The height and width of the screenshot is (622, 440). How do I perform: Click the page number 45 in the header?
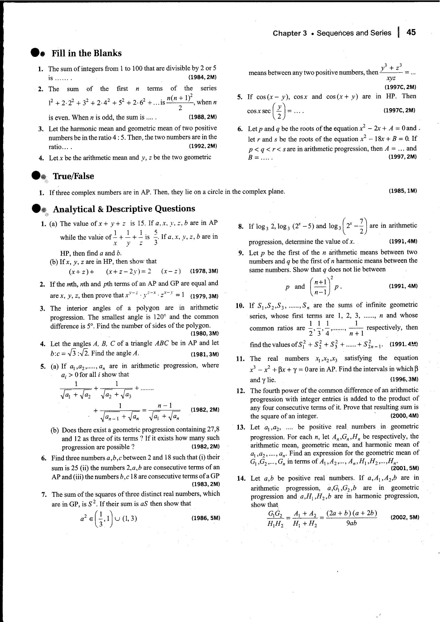(411, 33)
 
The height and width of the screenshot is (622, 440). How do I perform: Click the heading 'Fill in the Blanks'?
(86, 54)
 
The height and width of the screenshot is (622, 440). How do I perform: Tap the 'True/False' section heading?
(73, 176)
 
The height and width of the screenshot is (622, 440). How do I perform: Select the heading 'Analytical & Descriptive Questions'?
(124, 209)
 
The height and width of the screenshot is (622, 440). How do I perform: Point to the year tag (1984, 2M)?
(202, 77)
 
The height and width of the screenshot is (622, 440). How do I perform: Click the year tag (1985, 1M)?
(403, 191)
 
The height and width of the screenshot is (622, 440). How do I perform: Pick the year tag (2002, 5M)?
(405, 517)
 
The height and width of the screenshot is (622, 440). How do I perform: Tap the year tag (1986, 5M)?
(206, 518)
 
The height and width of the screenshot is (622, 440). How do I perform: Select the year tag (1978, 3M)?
(204, 271)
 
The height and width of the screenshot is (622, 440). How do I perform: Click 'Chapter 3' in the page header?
(290, 33)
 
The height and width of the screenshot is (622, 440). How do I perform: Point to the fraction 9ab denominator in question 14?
(352, 523)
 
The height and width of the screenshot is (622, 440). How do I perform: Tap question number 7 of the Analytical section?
(44, 495)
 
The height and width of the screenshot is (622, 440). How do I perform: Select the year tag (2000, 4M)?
(404, 416)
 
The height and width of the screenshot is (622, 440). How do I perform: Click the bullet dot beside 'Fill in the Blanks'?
(36, 53)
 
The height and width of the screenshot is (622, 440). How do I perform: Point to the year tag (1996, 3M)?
(404, 379)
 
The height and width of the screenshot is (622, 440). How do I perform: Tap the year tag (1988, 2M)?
(203, 117)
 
